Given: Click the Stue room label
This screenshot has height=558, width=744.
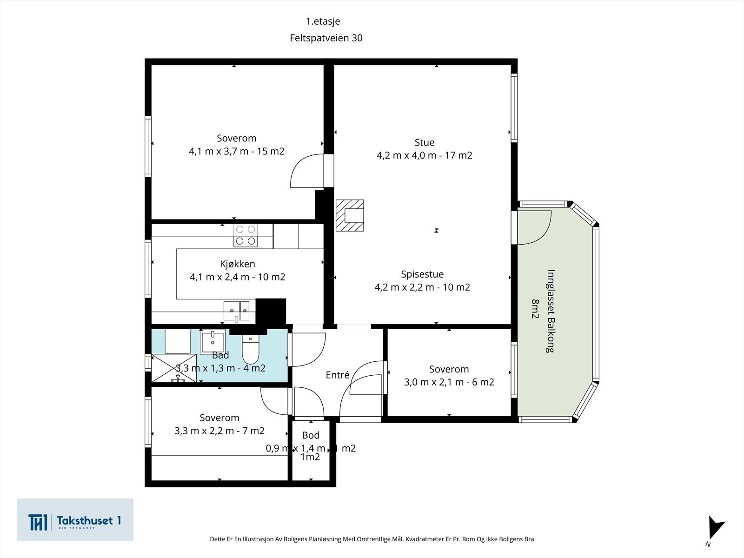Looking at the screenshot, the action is [425, 143].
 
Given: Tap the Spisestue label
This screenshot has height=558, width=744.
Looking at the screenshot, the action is [422, 274].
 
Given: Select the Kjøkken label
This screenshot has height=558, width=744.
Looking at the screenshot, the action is [237, 264].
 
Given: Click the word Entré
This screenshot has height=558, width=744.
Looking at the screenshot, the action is [337, 375].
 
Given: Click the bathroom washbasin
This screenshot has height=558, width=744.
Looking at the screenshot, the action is [213, 341].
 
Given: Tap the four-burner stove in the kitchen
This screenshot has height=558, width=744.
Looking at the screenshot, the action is [246, 235].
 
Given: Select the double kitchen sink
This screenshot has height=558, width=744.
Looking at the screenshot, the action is [237, 311].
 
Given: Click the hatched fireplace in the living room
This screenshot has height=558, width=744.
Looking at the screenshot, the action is [350, 215].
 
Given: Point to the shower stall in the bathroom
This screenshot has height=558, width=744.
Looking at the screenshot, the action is [173, 368].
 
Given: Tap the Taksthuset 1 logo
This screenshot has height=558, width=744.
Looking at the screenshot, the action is [75, 520].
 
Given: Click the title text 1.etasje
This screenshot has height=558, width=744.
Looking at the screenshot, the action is [323, 21].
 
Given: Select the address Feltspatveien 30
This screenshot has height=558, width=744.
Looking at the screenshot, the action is [326, 38].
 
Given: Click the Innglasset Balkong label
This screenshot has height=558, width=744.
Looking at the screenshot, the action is [551, 311].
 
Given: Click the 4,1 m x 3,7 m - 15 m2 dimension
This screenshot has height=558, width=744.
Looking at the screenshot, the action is [237, 151].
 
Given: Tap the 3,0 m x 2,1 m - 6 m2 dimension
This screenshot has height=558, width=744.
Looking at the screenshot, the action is [449, 382].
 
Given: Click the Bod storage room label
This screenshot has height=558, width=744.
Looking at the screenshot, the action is [311, 435].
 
